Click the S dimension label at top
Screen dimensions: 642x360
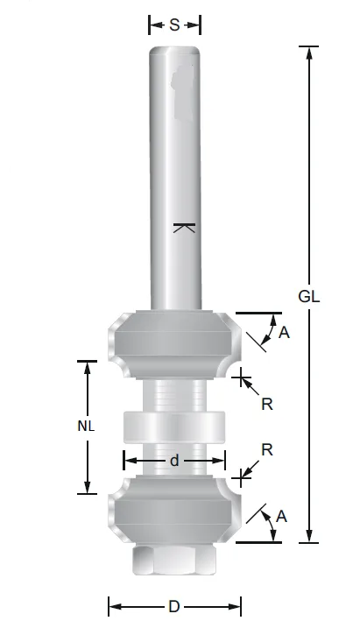coord(174,25)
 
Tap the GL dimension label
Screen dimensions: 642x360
coord(309,296)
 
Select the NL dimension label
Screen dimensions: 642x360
coord(86,427)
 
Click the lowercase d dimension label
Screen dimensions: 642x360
coord(174,460)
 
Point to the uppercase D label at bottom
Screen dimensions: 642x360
coord(174,606)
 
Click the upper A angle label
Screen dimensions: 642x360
coord(283,332)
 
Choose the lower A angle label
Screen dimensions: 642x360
coord(281,517)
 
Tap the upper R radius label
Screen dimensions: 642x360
coord(267,404)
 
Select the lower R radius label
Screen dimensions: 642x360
coord(267,449)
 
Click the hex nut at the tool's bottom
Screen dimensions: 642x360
coord(174,561)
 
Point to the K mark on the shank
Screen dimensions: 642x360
coord(182,229)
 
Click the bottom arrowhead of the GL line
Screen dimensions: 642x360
coord(309,537)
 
